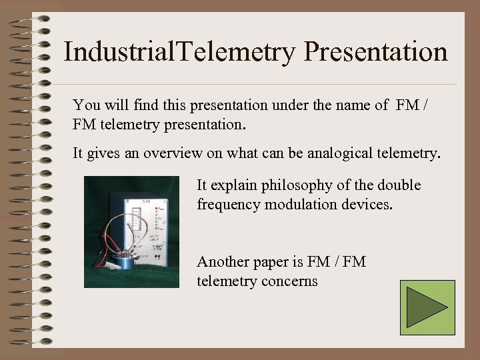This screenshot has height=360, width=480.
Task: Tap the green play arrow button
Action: (x=427, y=307)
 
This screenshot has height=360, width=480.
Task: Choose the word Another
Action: (x=223, y=262)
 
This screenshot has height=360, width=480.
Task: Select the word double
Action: (x=400, y=185)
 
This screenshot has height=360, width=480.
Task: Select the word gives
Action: (x=102, y=154)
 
